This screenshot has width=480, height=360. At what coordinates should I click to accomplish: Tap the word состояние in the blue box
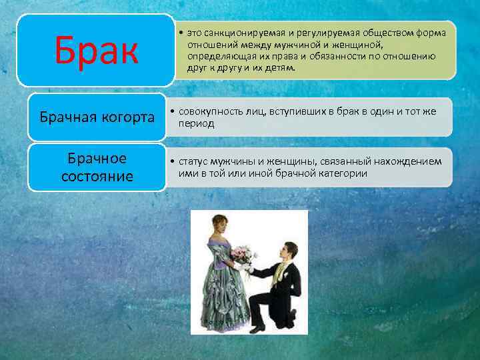coord(97,177)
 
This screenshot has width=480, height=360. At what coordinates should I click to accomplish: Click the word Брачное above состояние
coord(97,159)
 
